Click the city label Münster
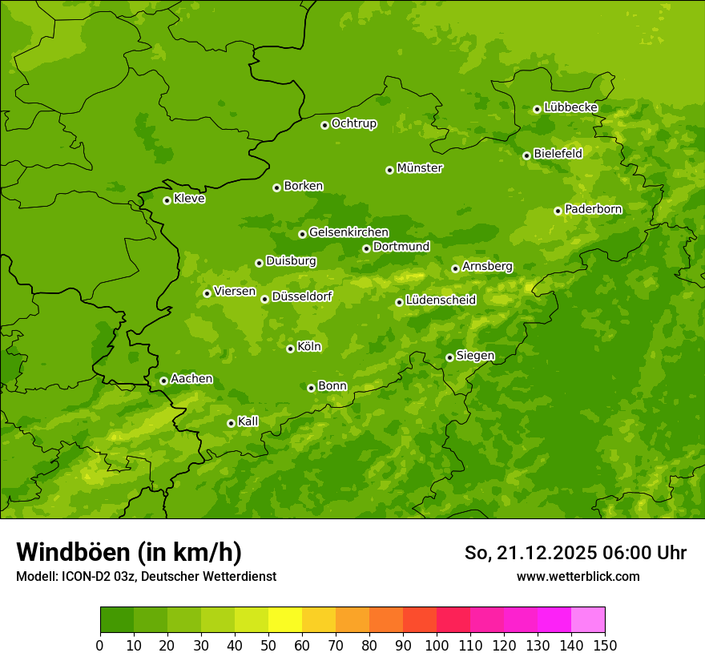420,168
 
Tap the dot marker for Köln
290,349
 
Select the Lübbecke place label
570,107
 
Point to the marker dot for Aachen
163,381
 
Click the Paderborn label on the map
593,209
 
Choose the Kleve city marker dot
167,200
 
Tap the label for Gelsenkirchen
348,232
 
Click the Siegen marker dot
449,357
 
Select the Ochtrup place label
354,123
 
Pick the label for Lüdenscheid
441,300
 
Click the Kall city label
248,421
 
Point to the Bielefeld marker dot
526,155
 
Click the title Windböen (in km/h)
129,552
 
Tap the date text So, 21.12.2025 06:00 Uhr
575,553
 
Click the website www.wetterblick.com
578,576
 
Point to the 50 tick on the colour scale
268,645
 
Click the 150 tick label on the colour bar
605,645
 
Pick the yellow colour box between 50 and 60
285,620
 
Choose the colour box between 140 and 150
588,620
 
